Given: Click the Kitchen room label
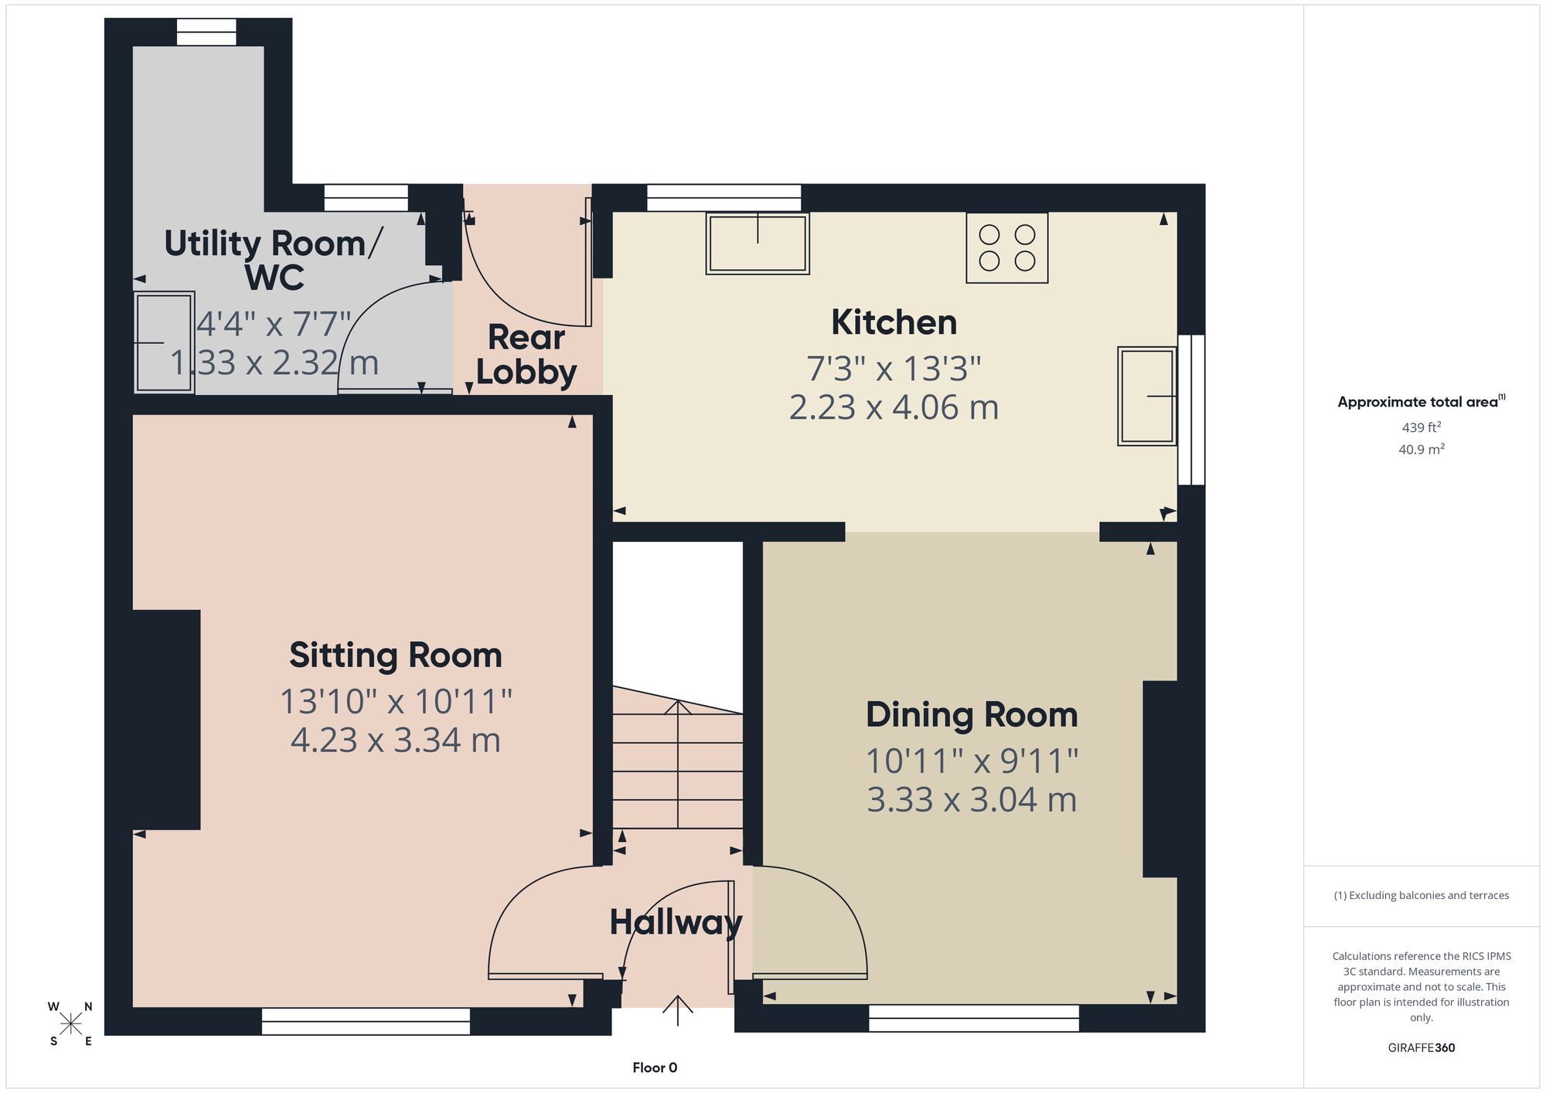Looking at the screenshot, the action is click(x=894, y=322).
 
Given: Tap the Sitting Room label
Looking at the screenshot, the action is click(x=396, y=655).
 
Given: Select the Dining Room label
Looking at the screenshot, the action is click(x=972, y=715).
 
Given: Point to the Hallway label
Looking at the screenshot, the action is click(x=676, y=922).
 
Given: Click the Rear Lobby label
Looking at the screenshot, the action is click(x=526, y=355).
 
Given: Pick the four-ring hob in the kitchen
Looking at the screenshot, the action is click(x=1007, y=247).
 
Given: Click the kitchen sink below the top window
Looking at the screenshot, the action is click(x=758, y=243).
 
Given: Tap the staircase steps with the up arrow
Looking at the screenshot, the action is click(x=678, y=761).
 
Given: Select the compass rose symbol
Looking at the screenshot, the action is click(x=71, y=1024).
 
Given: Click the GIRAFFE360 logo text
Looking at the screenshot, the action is click(x=1422, y=1048).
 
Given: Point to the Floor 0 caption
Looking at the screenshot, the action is click(x=655, y=1067).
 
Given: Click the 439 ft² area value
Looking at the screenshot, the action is click(x=1422, y=427).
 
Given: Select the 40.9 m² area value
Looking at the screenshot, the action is click(x=1422, y=448).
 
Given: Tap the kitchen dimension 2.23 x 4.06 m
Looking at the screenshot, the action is click(x=894, y=407).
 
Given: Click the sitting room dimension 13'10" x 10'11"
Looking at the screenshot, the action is click(x=396, y=702).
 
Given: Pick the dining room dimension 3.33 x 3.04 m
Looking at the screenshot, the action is click(x=972, y=800).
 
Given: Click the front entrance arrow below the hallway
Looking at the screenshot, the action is click(x=678, y=1010).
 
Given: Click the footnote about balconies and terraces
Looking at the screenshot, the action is click(x=1422, y=895).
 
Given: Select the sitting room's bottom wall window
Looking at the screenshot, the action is click(x=366, y=1021).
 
